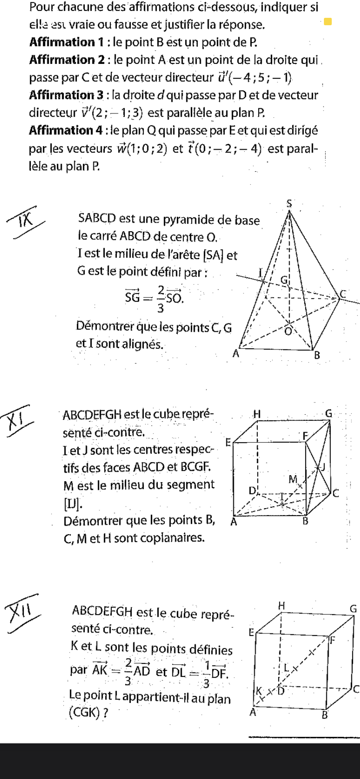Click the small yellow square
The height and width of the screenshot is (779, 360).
tap(328, 21)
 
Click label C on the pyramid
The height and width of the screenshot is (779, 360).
tap(343, 294)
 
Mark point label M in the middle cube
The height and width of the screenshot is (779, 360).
tap(293, 479)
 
